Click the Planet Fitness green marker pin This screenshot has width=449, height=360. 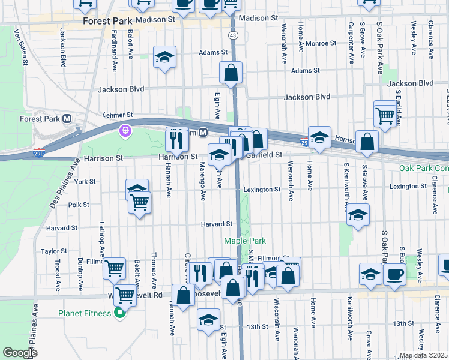click(x=119, y=313)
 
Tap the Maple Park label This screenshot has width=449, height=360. click(x=244, y=241)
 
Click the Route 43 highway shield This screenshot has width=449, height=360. click(x=233, y=36)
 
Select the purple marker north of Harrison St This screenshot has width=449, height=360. click(x=125, y=130)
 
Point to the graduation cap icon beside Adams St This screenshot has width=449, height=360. click(x=164, y=58)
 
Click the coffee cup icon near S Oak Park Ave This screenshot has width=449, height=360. click(x=394, y=274)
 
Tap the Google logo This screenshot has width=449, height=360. click(x=19, y=353)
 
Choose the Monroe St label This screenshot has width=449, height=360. click(x=321, y=43)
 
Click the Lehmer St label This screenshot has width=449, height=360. click(x=117, y=114)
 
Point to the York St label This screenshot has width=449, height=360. click(x=85, y=181)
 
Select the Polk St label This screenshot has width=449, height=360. click(x=79, y=205)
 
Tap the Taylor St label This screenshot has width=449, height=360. click(x=53, y=251)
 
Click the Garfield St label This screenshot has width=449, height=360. click(x=265, y=155)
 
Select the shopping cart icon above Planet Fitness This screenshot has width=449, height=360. click(x=124, y=295)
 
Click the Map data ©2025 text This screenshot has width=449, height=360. click(x=424, y=355)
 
